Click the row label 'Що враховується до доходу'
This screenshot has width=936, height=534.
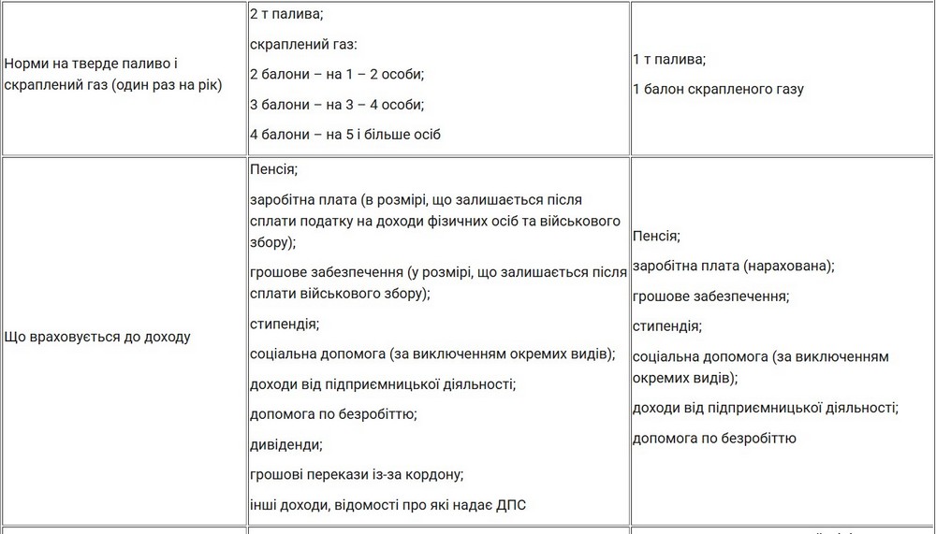point(97,337)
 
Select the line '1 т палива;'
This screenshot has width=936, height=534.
point(669,60)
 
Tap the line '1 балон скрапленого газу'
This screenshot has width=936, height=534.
point(718,90)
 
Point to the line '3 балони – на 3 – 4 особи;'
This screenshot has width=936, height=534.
point(337,105)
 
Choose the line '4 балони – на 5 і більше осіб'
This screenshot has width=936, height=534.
point(345,135)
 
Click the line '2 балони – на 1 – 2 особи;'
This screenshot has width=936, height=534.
point(337,75)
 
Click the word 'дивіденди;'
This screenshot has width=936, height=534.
point(286,444)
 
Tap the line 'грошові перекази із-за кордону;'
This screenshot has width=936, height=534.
point(357,474)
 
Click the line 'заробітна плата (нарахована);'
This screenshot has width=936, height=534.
point(733,267)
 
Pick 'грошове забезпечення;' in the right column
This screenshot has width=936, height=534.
point(710,296)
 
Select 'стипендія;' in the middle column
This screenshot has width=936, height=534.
point(285,325)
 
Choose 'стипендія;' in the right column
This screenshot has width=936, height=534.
point(667,326)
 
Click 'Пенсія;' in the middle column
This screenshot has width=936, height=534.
point(274,170)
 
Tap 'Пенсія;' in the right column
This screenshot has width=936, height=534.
point(656,237)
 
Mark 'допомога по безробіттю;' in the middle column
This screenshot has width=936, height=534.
point(333,414)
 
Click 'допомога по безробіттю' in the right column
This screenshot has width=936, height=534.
point(714,438)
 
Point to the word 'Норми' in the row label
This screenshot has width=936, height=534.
point(26,64)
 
